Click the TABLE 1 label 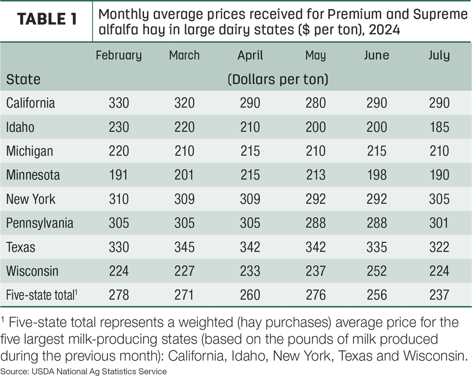tap(47, 19)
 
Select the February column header tap(119, 56)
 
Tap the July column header tap(439, 56)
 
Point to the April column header tap(250, 56)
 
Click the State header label tap(23, 79)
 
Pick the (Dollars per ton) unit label tap(278, 79)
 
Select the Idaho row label tap(20, 127)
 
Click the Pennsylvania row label tap(40, 223)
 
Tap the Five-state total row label tap(41, 295)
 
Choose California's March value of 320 tap(184, 103)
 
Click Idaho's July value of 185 tap(439, 127)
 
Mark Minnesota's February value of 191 tap(118, 175)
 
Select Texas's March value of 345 tap(184, 247)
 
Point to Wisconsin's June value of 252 tap(376, 271)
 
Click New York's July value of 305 tap(439, 199)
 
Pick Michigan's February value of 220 tap(119, 151)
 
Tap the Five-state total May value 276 tap(315, 295)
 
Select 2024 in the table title tap(384, 29)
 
